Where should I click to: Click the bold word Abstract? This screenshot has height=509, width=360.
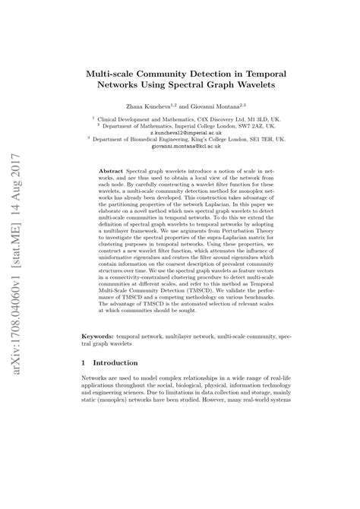112,174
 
